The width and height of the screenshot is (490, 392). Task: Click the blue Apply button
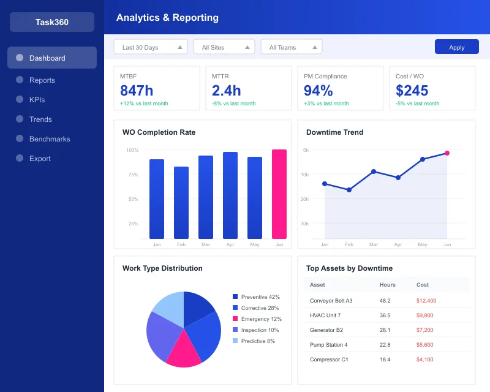[457, 47]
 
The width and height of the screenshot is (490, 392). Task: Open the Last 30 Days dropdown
[150, 47]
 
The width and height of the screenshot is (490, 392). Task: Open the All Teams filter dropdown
[291, 47]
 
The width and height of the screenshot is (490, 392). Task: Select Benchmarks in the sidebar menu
[49, 139]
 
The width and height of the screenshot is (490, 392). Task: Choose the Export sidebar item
[40, 159]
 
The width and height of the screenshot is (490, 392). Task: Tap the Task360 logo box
[52, 22]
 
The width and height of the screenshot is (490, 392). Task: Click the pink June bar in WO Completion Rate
[279, 194]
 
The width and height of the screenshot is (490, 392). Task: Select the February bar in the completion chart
[181, 202]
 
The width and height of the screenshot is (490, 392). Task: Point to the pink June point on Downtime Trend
[447, 153]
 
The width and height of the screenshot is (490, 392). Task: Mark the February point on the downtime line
[349, 190]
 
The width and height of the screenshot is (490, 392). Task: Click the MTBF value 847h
[137, 91]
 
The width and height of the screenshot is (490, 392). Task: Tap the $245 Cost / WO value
[412, 91]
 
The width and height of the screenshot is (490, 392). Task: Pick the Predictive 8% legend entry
[257, 341]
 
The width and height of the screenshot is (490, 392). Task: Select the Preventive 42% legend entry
[260, 297]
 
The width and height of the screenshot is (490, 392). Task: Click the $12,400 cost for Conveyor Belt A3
[426, 301]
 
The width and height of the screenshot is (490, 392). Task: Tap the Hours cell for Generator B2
[385, 330]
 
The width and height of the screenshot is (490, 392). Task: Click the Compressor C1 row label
[329, 360]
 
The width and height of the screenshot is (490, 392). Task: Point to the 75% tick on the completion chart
[133, 175]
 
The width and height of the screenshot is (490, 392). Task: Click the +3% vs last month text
[326, 104]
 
